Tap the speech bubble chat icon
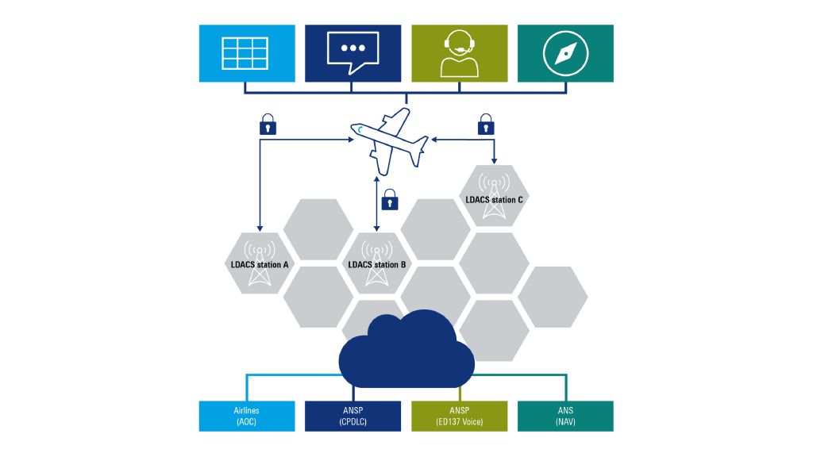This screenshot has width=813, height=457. (x=353, y=52)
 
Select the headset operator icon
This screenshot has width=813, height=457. (x=459, y=53)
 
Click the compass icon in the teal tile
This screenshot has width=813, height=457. (x=565, y=53)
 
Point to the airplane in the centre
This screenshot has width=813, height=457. (x=390, y=140)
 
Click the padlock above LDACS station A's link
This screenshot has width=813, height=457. (x=268, y=125)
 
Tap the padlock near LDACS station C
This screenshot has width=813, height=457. (x=485, y=125)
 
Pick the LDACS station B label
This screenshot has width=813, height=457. (x=377, y=264)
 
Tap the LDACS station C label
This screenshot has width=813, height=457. (x=493, y=200)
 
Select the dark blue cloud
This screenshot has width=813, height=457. (x=406, y=354)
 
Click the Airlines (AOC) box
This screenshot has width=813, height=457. (x=247, y=416)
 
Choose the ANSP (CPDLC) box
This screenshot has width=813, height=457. (x=353, y=416)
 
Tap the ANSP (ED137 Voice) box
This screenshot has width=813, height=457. (x=459, y=416)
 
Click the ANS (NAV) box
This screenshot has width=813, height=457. (x=565, y=416)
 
